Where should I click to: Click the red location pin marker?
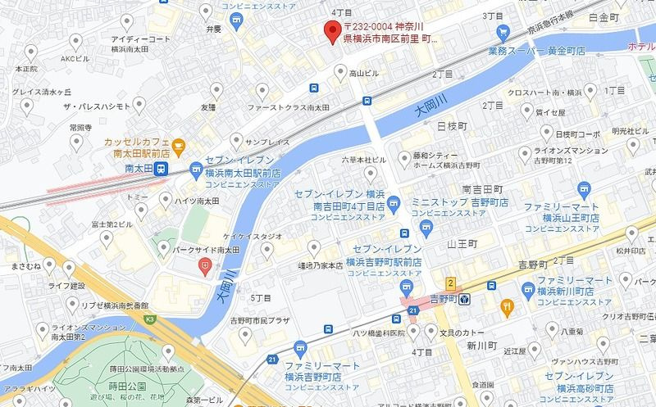click(331, 33)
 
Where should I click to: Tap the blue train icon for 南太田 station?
click(162, 170)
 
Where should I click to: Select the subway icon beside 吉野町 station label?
click(463, 299)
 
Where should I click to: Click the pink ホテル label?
click(640, 47)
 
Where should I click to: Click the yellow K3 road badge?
click(149, 319)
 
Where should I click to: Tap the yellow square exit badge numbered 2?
click(449, 283)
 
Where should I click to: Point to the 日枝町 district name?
click(451, 127)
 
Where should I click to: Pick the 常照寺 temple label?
click(80, 127)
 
